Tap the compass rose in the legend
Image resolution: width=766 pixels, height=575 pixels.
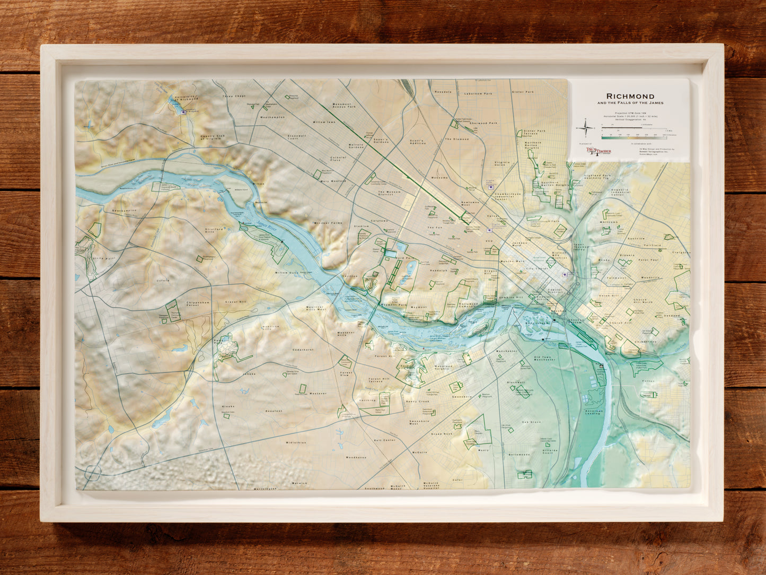pos(586,128)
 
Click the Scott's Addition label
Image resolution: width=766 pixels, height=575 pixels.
pos(419,142)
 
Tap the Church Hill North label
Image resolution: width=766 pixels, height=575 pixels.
pos(645,301)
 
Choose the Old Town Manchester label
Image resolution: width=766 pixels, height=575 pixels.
pos(545,358)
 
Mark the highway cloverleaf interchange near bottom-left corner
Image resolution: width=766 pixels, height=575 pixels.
pos(93,472)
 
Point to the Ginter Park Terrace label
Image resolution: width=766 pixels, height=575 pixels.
pos(534,132)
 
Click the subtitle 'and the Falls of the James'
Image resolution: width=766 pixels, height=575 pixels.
pos(630,103)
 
